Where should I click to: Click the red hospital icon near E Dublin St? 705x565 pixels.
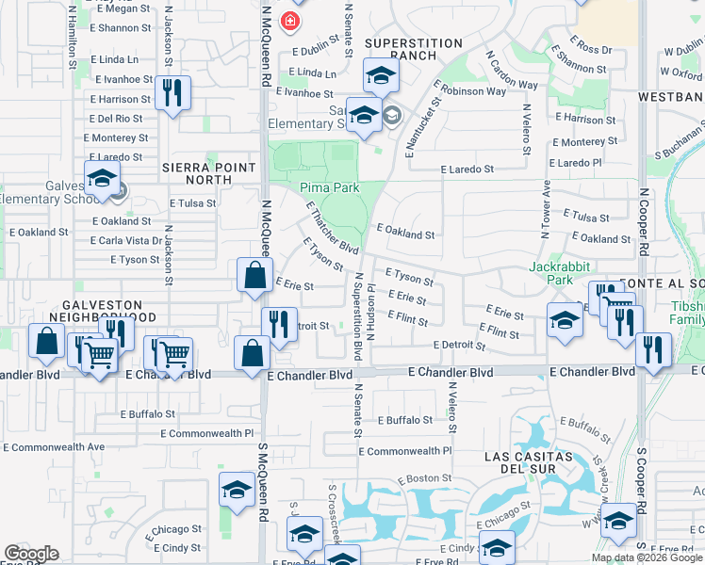[x=291, y=21]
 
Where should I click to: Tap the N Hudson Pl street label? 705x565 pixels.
[x=371, y=301]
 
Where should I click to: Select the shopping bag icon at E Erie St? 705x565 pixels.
[x=254, y=276]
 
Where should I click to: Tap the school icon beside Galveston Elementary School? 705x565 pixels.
[x=101, y=177]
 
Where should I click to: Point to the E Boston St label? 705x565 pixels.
[x=426, y=479]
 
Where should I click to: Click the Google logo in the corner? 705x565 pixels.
[x=31, y=554]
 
